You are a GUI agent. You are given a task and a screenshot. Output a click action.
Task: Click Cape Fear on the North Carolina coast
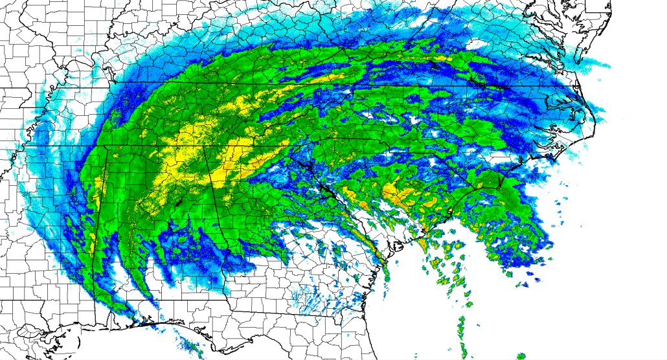(501, 188)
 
